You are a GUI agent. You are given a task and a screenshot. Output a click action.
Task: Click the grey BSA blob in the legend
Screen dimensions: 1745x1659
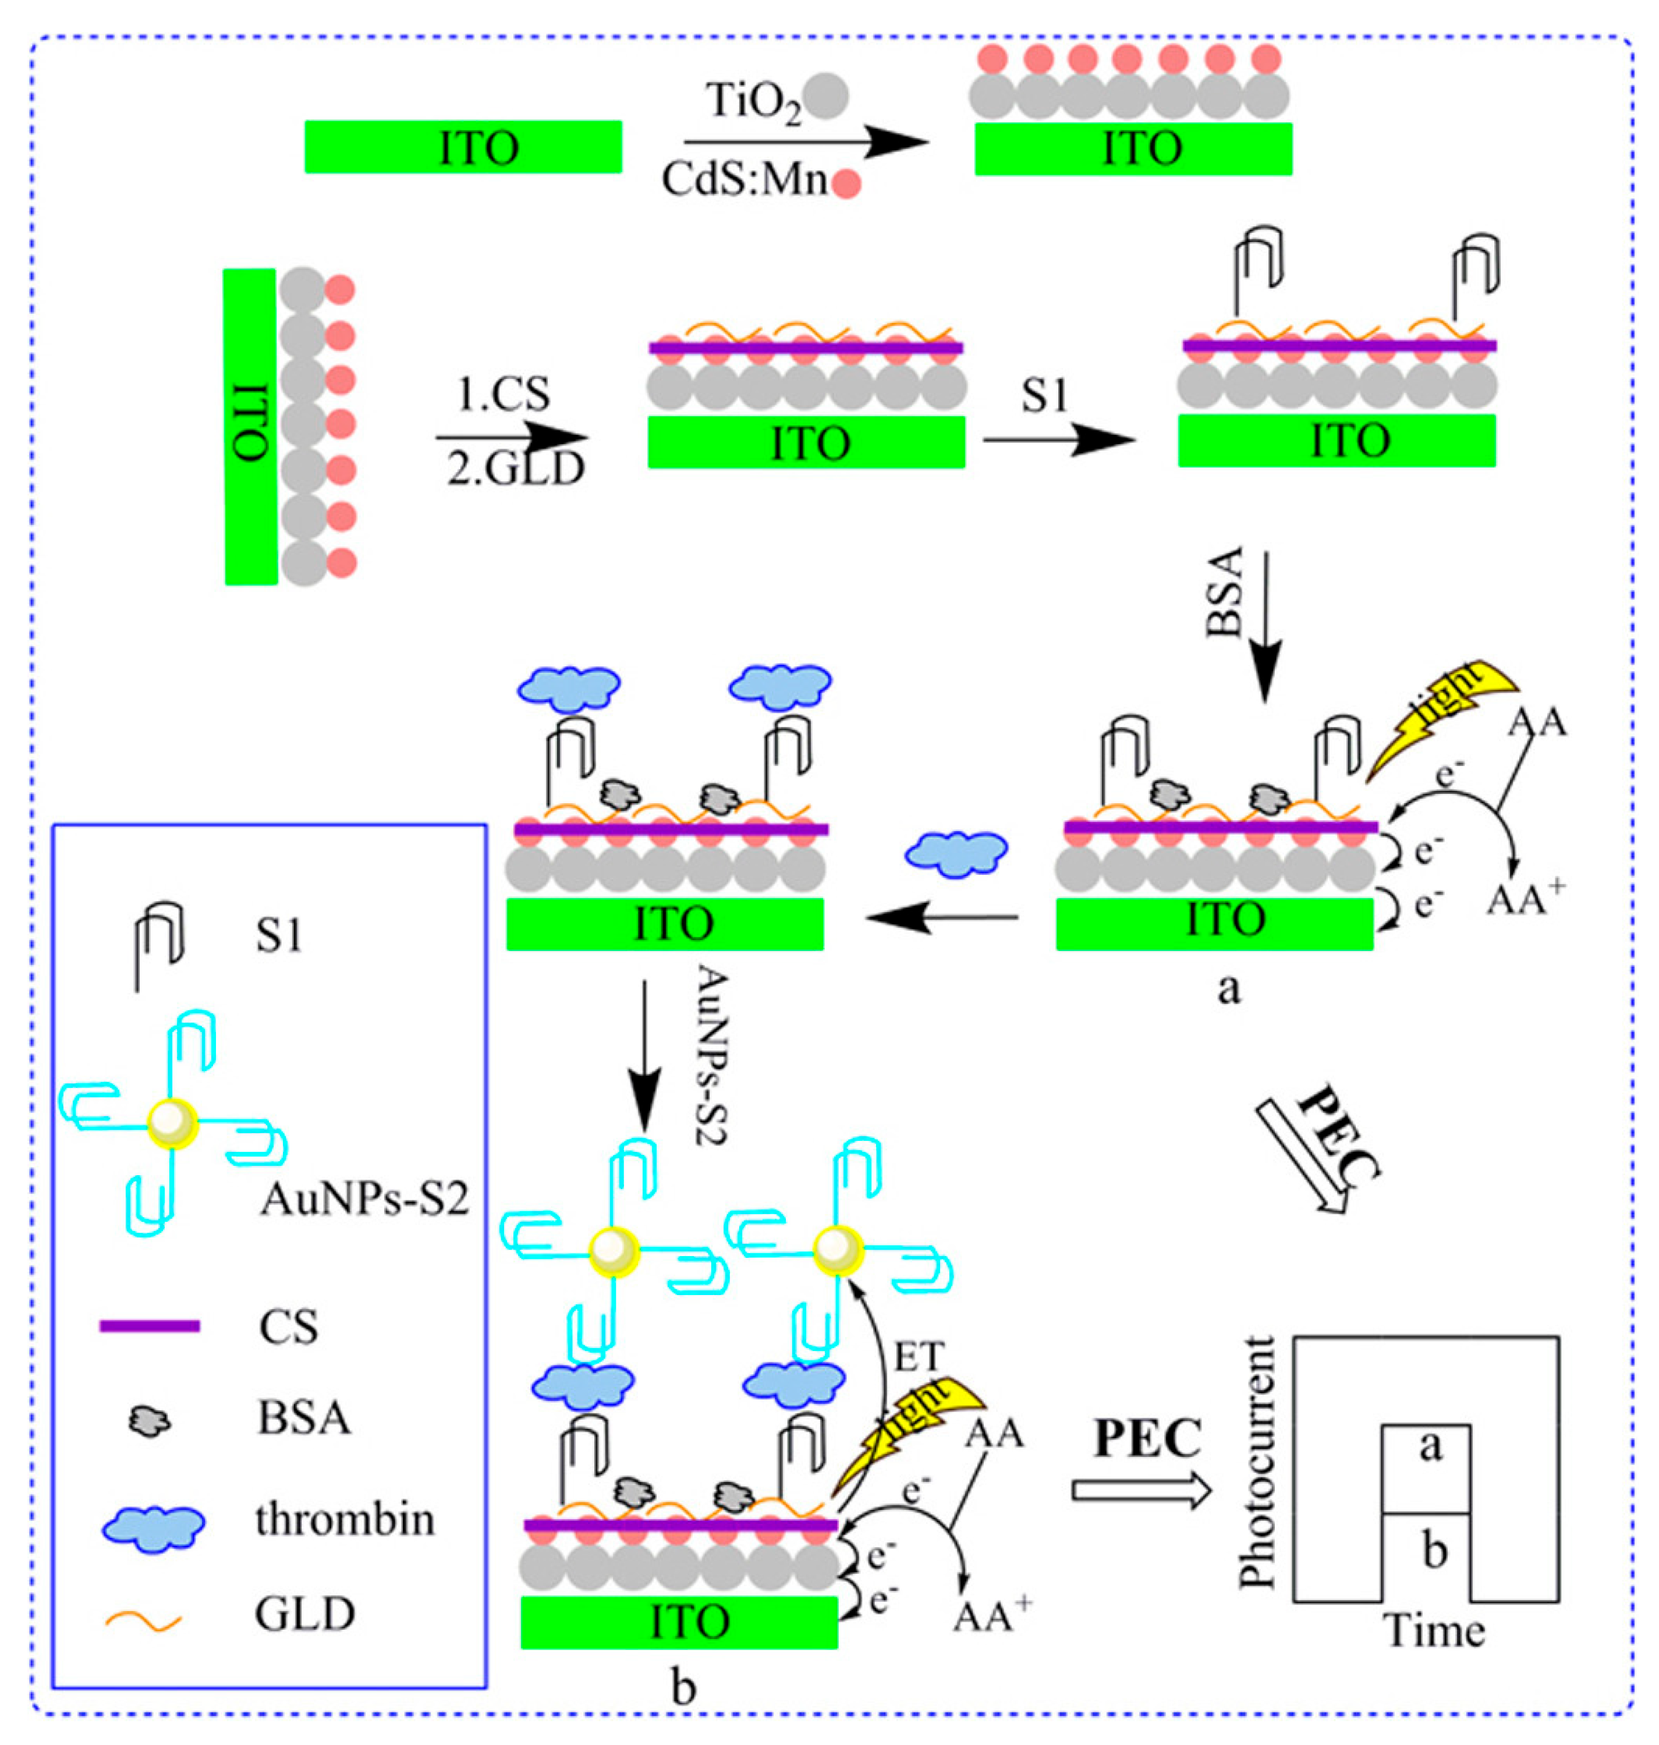pyautogui.click(x=150, y=1422)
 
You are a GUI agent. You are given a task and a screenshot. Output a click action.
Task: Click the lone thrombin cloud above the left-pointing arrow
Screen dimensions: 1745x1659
pyautogui.click(x=956, y=853)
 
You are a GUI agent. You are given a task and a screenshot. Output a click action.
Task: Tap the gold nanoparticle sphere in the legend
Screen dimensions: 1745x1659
pyautogui.click(x=172, y=1123)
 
